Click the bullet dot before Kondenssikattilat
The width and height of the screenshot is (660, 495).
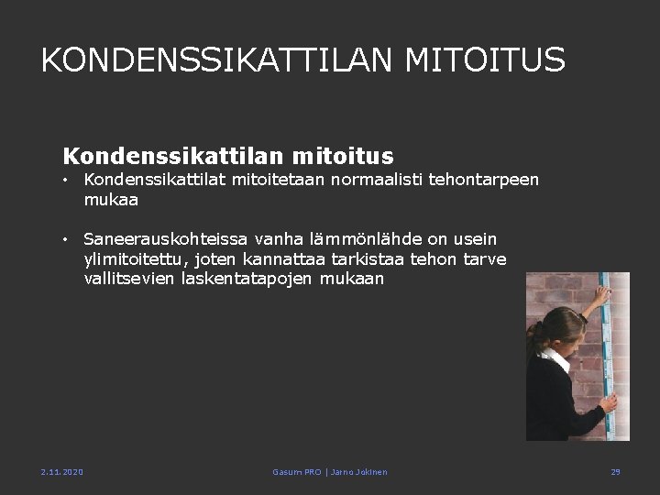click(67, 181)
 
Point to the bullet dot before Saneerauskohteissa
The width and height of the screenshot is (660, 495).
click(67, 240)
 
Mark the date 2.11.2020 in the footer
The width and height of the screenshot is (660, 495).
click(61, 471)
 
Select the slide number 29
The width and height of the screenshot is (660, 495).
click(615, 471)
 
